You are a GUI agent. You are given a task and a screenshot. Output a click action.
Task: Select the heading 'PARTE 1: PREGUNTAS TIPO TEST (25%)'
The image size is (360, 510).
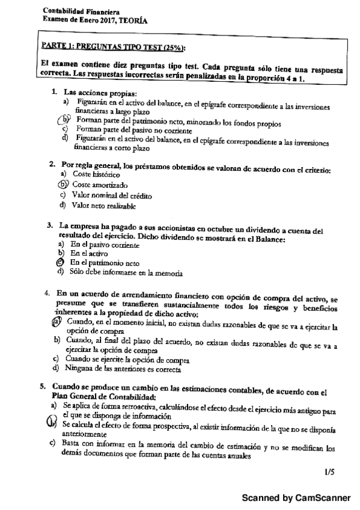[113, 46]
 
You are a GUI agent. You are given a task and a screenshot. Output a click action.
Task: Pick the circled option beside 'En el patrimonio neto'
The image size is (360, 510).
[60, 262]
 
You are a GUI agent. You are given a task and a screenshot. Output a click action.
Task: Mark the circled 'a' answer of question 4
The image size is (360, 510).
[56, 322]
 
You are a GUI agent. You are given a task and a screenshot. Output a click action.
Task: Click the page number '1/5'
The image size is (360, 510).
[328, 473]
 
